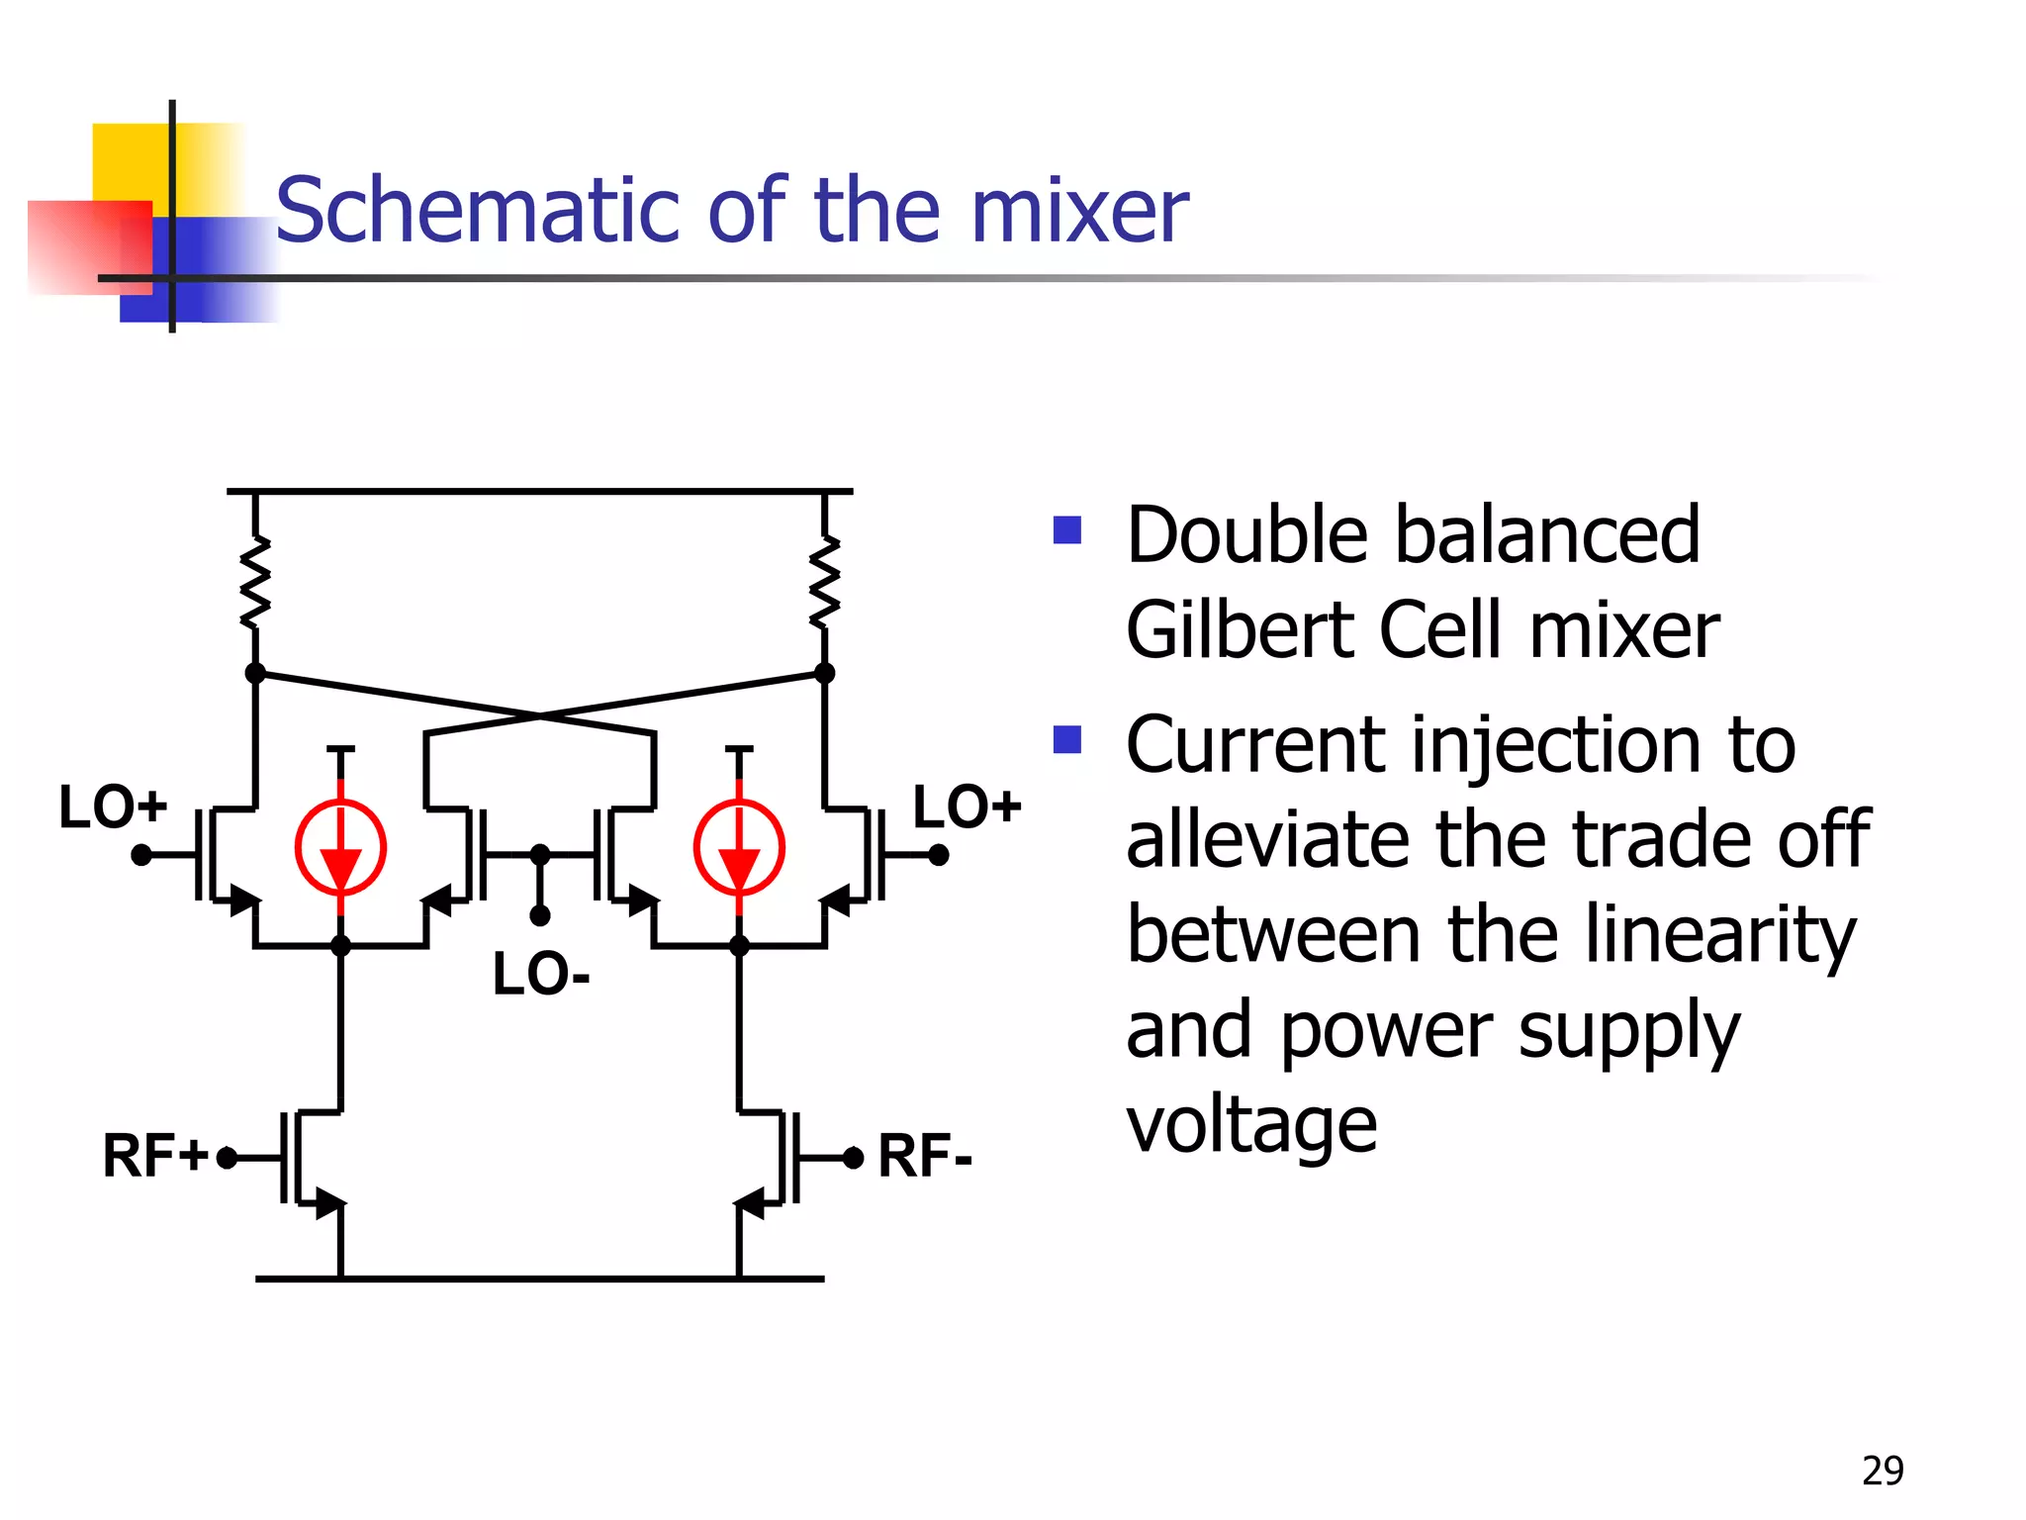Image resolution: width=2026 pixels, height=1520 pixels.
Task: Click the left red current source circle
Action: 340,847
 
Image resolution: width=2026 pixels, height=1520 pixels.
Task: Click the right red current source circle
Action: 739,847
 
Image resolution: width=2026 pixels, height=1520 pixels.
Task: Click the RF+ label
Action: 155,1156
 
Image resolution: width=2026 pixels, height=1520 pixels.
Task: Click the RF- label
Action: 925,1156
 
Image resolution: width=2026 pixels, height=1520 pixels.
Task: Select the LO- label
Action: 541,975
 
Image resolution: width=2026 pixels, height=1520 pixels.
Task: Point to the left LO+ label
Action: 113,807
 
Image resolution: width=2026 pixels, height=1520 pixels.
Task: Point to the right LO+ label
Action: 967,807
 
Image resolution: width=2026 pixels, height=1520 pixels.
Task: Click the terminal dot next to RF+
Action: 227,1157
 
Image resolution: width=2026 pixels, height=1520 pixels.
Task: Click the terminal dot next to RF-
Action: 854,1157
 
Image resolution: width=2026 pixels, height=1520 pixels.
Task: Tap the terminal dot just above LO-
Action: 540,915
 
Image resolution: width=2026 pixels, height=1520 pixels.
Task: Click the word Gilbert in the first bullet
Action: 1239,630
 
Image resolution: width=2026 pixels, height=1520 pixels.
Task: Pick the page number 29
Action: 1882,1471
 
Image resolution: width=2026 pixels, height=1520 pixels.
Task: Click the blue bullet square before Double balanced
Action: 1067,530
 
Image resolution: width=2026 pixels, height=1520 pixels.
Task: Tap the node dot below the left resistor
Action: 255,673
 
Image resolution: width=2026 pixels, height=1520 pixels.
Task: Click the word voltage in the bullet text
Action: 1250,1126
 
